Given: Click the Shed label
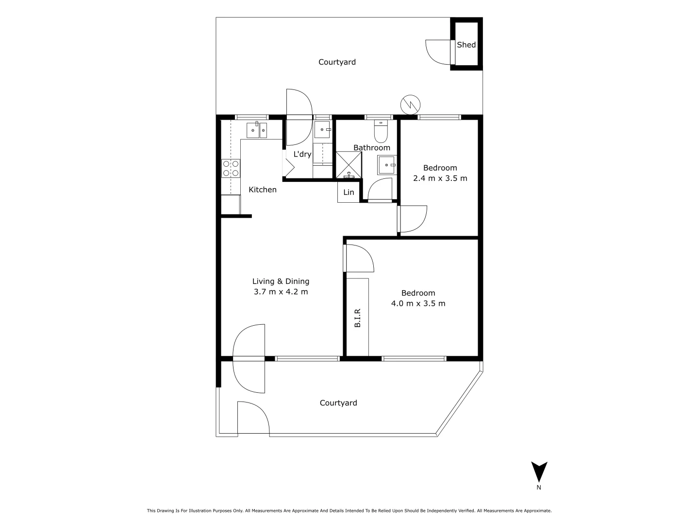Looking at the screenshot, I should click(466, 45).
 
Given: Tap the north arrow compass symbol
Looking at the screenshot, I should click(539, 471).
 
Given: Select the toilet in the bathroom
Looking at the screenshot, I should click(381, 131).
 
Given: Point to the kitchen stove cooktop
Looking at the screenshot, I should click(231, 168).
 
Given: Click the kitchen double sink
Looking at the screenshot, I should click(257, 130).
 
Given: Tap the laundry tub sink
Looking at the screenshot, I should click(322, 130).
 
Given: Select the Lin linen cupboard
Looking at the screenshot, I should click(349, 192).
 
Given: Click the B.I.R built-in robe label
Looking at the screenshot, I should click(357, 317).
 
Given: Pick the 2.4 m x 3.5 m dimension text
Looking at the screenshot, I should click(440, 178).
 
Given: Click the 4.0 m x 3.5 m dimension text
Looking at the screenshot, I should click(418, 304).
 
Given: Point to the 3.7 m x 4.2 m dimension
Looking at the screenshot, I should click(281, 292).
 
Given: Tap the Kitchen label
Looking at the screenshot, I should click(263, 190).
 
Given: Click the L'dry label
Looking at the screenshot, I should click(302, 154).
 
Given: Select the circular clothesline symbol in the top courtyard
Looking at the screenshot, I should click(410, 103).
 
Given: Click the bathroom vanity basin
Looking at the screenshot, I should click(387, 165).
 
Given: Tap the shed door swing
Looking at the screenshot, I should click(438, 52).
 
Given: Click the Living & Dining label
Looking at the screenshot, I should click(281, 281).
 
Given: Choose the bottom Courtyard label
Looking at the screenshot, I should click(338, 403).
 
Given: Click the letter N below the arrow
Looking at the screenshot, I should click(539, 488).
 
